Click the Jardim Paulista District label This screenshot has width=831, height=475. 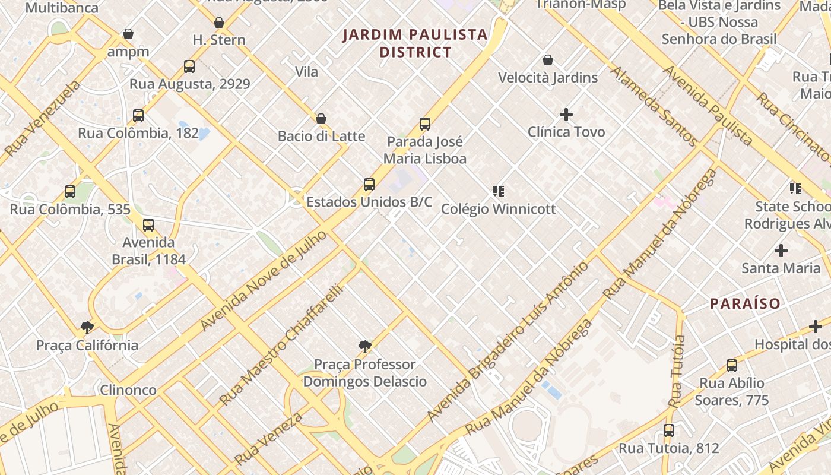(x=415, y=43)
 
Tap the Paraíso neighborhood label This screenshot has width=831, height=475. (x=746, y=303)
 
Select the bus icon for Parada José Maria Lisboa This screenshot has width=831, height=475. (x=425, y=124)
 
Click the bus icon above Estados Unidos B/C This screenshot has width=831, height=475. (x=369, y=185)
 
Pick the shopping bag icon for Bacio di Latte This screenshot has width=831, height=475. (x=321, y=119)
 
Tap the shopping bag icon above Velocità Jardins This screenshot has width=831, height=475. (x=548, y=60)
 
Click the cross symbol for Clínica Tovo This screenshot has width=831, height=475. (x=566, y=114)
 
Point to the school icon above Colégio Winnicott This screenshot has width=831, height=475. (x=499, y=191)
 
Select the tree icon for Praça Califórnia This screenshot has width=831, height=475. (x=87, y=327)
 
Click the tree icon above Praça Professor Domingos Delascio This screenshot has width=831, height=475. (x=365, y=346)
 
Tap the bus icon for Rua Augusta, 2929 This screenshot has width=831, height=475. (x=189, y=66)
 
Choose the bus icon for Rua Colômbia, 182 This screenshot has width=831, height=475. (x=138, y=116)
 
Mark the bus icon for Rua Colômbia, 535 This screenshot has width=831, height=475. (x=70, y=192)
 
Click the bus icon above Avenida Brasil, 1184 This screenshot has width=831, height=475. (x=148, y=225)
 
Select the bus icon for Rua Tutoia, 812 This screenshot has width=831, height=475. (x=669, y=430)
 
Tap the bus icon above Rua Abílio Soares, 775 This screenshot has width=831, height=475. (x=732, y=366)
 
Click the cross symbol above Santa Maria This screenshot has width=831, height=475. (x=781, y=251)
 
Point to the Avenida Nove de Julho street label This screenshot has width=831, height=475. (x=264, y=281)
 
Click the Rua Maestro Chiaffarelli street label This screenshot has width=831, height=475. (x=283, y=344)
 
